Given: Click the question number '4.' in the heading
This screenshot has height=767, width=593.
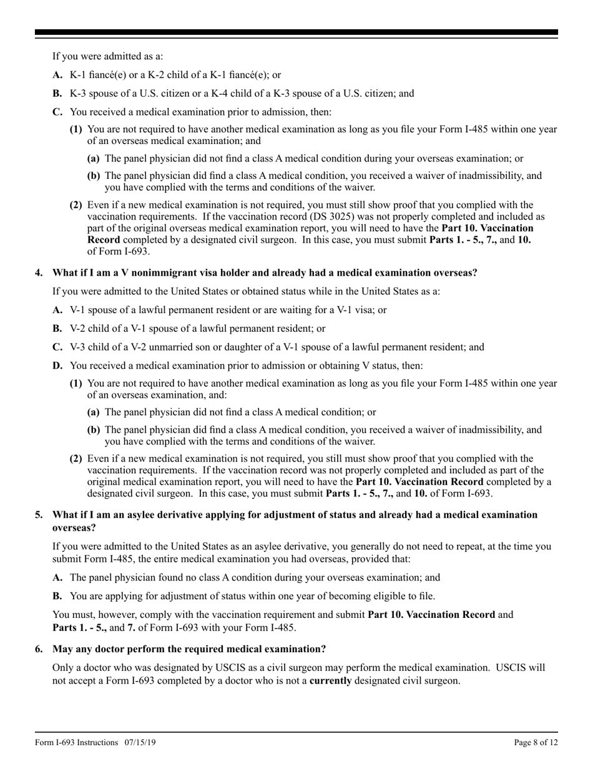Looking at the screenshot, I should pyautogui.click(x=39, y=273).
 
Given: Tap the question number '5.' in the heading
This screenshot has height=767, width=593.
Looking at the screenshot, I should pyautogui.click(x=39, y=514).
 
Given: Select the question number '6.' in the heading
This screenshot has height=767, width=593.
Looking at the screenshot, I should pyautogui.click(x=39, y=649).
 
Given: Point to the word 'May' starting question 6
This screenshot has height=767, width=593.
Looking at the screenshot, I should pyautogui.click(x=62, y=649).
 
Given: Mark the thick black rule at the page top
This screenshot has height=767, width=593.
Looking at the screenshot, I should pyautogui.click(x=296, y=32).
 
